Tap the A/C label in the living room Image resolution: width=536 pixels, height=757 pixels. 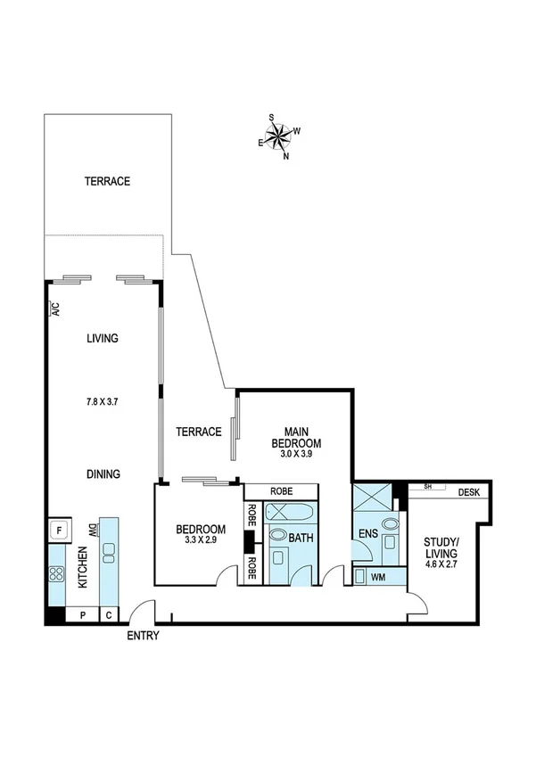pos(54,309)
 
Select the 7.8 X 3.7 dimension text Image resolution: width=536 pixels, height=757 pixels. pos(103,402)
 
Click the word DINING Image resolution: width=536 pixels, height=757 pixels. pos(103,474)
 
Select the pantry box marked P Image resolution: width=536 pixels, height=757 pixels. pos(83,614)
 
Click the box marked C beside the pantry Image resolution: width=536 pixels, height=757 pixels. pos(109,614)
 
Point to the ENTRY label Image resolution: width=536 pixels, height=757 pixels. pos(143,636)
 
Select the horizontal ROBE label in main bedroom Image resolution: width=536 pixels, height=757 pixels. pos(281,491)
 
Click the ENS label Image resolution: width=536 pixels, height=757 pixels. pos(367,535)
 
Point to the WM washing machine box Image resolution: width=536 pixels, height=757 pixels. pos(378,577)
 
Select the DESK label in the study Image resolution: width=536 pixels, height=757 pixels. pos(470,492)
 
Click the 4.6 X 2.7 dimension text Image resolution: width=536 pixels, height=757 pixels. pos(441,564)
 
